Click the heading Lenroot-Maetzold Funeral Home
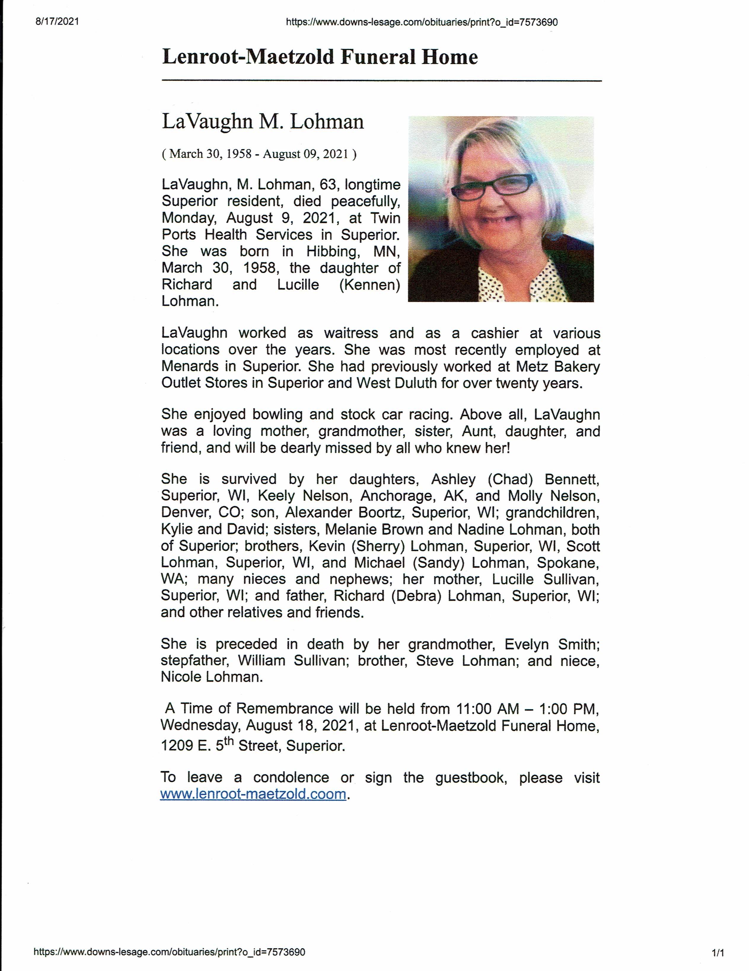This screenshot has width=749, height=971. coord(320,57)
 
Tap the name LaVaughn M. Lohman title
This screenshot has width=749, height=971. coord(262,122)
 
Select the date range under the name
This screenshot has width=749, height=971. coord(259,154)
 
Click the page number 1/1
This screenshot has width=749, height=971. coord(718,953)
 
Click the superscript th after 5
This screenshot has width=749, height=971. coord(229,741)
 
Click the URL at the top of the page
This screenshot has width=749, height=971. coord(421,22)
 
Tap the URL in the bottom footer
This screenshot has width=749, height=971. coord(170,952)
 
